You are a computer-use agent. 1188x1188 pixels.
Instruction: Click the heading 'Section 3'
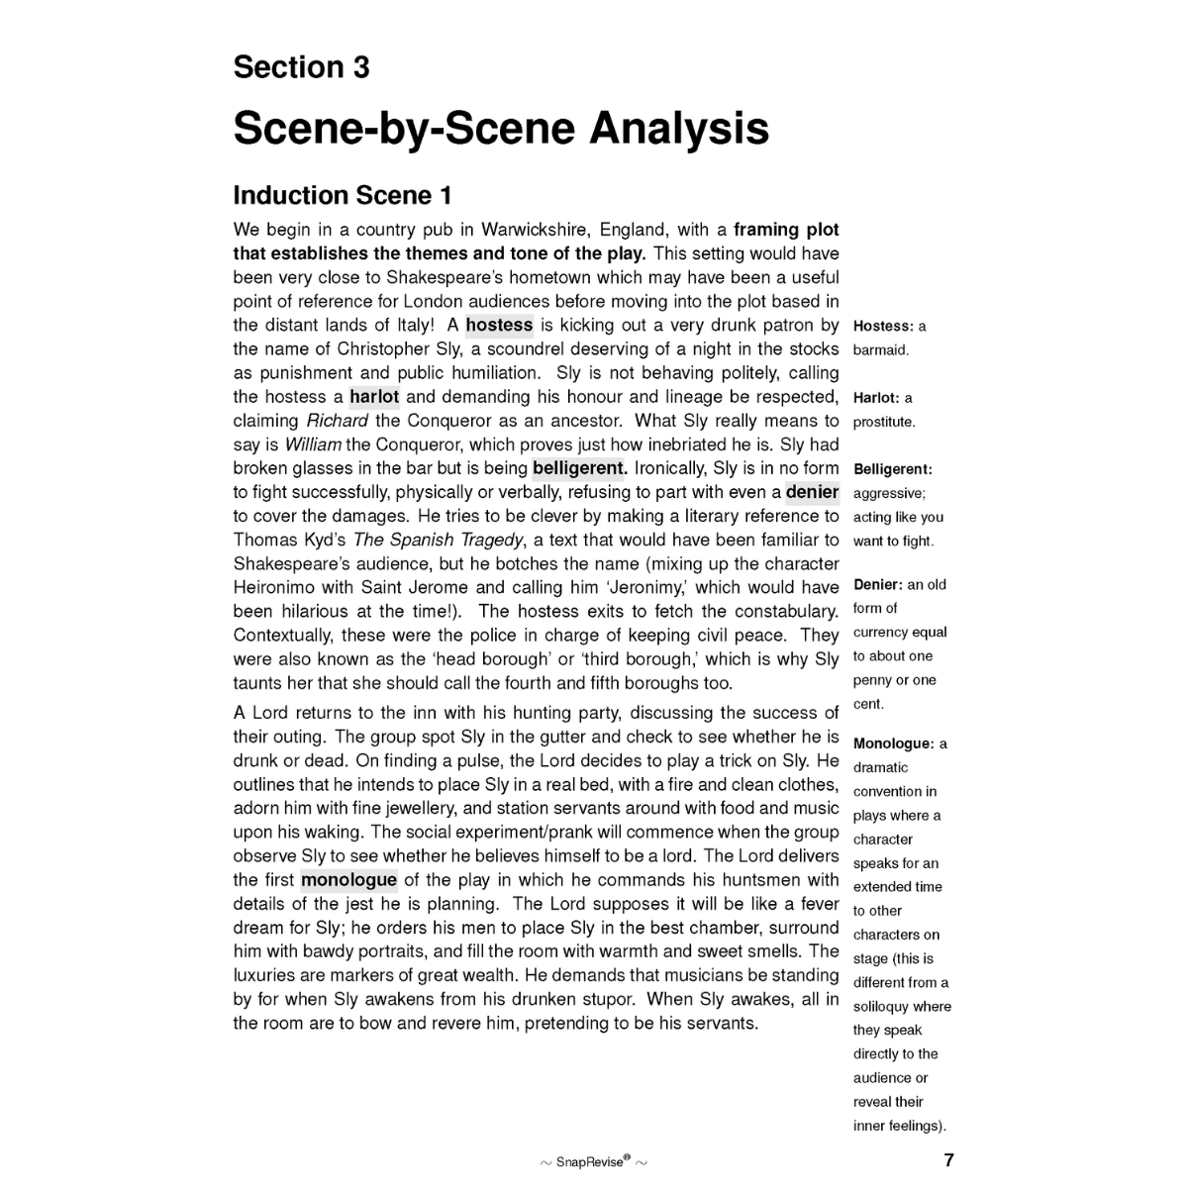pyautogui.click(x=301, y=67)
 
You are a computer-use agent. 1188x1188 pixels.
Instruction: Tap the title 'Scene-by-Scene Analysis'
pyautogui.click(x=500, y=129)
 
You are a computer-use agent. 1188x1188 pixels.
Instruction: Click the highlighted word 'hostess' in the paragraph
pyautogui.click(x=499, y=325)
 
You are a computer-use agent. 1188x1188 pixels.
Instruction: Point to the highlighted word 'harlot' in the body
pyautogui.click(x=374, y=397)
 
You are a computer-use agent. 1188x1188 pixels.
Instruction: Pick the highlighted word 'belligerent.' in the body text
pyautogui.click(x=579, y=468)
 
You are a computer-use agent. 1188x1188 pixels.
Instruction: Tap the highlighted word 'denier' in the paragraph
pyautogui.click(x=812, y=492)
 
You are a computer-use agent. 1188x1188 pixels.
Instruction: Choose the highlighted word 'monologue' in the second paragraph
pyautogui.click(x=348, y=880)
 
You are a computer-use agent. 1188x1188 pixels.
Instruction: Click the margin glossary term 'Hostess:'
pyautogui.click(x=883, y=326)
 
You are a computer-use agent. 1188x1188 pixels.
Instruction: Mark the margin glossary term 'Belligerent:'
pyautogui.click(x=893, y=469)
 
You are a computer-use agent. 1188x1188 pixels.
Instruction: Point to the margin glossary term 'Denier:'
pyautogui.click(x=878, y=585)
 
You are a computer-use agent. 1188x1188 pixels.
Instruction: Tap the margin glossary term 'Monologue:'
pyautogui.click(x=893, y=743)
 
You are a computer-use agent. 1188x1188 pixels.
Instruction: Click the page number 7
pyautogui.click(x=948, y=1160)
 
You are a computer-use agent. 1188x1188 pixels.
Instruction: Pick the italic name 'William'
pyautogui.click(x=313, y=445)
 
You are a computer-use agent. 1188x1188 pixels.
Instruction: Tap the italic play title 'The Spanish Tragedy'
pyautogui.click(x=439, y=540)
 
